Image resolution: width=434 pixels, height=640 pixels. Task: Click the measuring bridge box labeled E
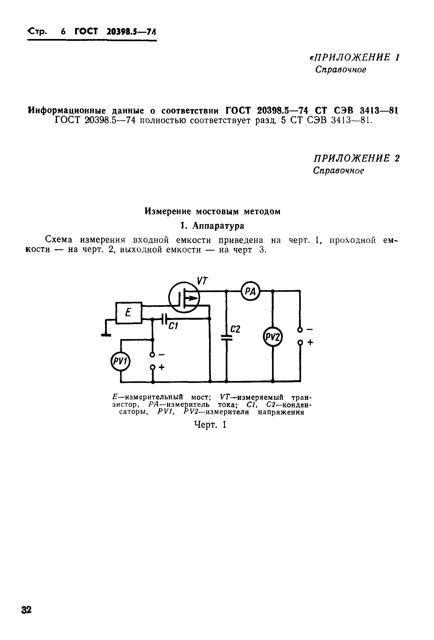tap(129, 312)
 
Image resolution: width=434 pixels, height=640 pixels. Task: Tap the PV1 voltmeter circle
tap(120, 361)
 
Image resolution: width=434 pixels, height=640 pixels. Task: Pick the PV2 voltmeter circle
tap(273, 336)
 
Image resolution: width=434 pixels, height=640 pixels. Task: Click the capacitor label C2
tap(235, 329)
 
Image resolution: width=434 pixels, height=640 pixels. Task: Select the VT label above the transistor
tap(202, 281)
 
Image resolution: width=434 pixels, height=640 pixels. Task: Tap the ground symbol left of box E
tap(106, 335)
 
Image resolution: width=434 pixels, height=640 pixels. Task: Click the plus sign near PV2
tap(310, 342)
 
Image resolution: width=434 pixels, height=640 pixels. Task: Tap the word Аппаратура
tap(218, 226)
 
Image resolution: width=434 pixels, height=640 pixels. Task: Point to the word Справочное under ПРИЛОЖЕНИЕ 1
tap(341, 70)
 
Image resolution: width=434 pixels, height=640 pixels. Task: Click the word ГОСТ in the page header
tap(86, 31)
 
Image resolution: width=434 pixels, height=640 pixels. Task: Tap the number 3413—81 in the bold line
tap(379, 111)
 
